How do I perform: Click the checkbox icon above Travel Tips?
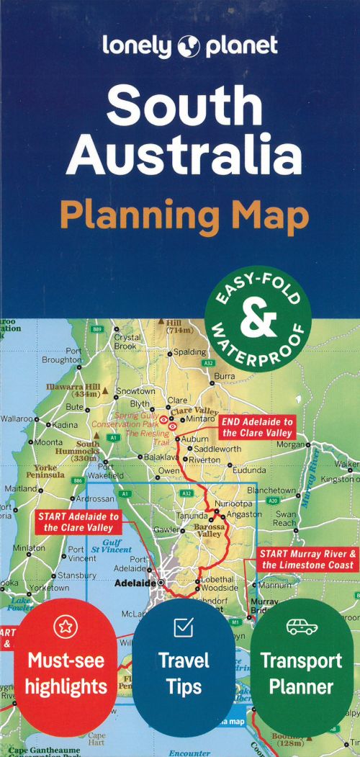(183, 627)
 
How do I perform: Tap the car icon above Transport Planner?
(301, 627)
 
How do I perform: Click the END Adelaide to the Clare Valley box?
(257, 427)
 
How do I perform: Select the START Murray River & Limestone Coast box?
(307, 559)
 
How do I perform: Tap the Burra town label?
(224, 376)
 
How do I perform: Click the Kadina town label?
(65, 425)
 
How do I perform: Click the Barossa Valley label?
(210, 529)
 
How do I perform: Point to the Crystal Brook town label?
(127, 341)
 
